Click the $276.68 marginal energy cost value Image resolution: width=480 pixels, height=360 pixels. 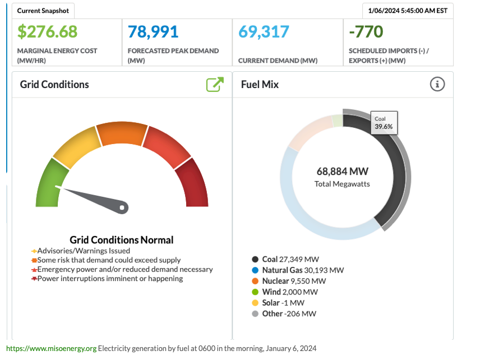coord(47,31)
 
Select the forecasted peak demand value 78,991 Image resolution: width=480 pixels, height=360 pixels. coord(153,31)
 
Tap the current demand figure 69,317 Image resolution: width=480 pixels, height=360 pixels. coord(264,31)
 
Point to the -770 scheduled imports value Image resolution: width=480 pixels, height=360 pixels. coord(366,31)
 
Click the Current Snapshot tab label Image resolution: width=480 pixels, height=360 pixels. coord(43,11)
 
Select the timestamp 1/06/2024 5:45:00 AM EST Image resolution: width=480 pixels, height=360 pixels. coord(408,11)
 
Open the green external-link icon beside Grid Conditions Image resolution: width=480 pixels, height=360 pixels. coord(215,85)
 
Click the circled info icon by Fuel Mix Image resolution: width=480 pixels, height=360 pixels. coord(437,84)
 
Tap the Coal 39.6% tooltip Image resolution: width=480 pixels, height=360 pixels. coord(384,123)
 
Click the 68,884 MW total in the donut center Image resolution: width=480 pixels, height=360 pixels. coord(342,172)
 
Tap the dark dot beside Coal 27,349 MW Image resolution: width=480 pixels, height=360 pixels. coord(255,259)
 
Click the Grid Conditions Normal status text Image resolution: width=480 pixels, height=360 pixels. coord(122,240)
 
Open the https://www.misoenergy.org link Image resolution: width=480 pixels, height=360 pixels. coord(52,348)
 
